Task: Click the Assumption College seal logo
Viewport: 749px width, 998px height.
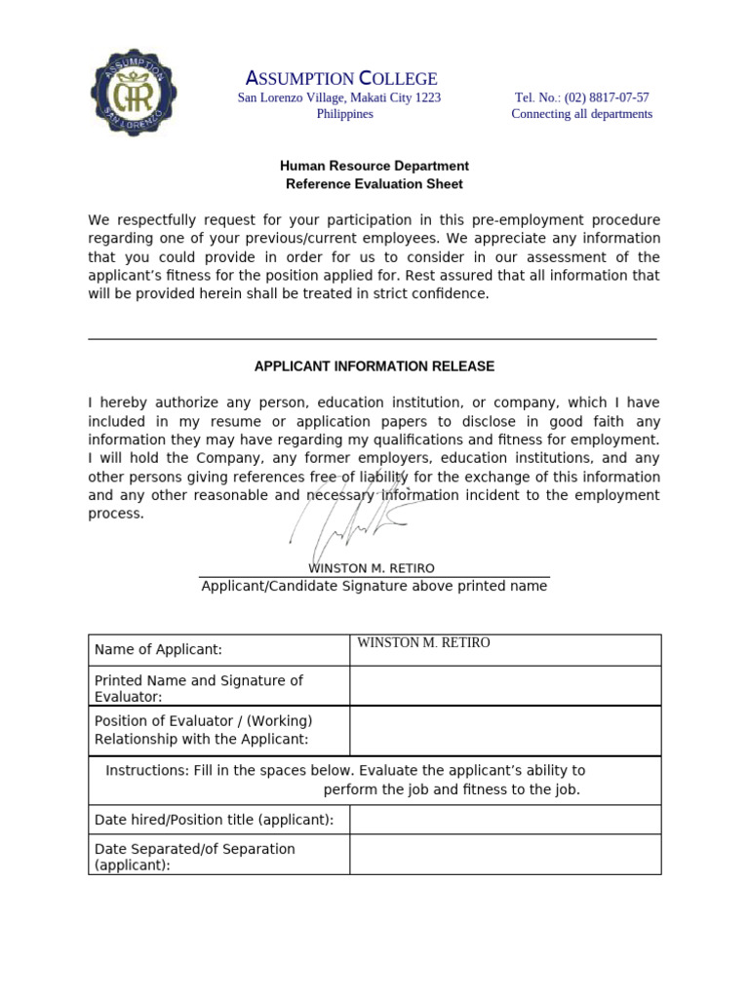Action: (x=136, y=95)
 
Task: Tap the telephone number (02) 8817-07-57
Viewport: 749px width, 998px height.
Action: (x=581, y=97)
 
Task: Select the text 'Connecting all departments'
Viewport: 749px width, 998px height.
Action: (x=581, y=114)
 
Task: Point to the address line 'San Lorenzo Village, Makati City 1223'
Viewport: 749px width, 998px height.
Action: (x=339, y=97)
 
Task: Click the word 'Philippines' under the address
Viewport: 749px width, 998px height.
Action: (x=344, y=114)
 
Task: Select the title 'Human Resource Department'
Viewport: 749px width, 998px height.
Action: (x=374, y=166)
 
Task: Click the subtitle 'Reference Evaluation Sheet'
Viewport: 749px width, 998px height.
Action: (x=374, y=183)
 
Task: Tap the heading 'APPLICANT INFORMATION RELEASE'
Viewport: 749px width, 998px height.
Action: (x=374, y=366)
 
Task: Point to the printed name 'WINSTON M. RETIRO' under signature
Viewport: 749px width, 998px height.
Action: (x=372, y=568)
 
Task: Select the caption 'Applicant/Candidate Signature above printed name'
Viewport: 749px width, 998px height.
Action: (x=374, y=586)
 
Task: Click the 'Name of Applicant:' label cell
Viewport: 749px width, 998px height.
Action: (x=158, y=650)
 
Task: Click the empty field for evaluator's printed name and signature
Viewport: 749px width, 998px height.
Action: (x=504, y=686)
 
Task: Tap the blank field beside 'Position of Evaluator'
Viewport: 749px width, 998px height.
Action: (x=504, y=730)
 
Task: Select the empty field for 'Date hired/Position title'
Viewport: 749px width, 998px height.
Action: (x=504, y=820)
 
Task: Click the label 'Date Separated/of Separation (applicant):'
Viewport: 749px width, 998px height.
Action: (x=194, y=856)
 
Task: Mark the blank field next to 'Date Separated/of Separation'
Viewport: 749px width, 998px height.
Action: (x=504, y=855)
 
